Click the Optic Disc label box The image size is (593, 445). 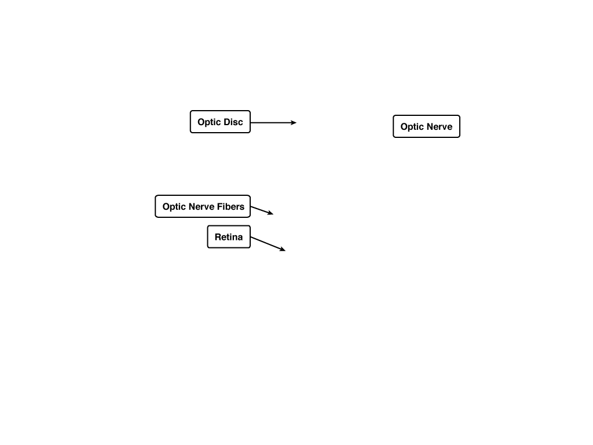(220, 122)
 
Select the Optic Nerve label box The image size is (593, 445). (426, 126)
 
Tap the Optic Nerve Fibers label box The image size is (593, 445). (203, 206)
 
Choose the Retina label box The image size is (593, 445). (229, 237)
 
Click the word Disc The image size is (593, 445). (233, 122)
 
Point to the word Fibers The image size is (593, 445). (230, 207)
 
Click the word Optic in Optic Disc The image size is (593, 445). (209, 122)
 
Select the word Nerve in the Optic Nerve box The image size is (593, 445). (440, 127)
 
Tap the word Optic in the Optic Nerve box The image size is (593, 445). (412, 127)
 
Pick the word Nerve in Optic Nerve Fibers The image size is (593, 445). (201, 207)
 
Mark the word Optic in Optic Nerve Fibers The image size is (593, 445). (174, 207)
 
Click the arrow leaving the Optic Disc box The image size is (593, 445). (273, 123)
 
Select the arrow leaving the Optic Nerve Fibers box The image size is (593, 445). (262, 210)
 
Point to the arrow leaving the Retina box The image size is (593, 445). (268, 244)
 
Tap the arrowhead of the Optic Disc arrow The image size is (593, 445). (294, 123)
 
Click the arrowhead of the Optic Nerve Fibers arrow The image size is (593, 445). (270, 213)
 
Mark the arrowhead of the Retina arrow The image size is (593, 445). (283, 249)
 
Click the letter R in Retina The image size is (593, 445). (218, 237)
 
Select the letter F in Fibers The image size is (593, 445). (218, 207)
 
